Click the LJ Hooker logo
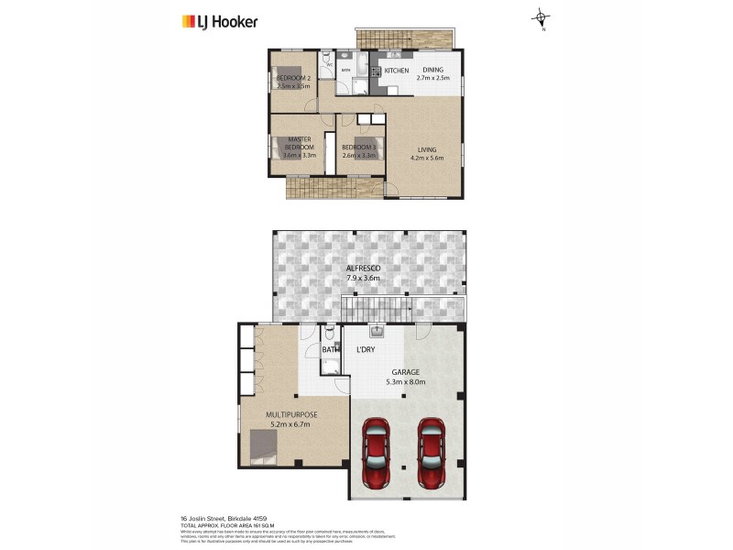pyautogui.click(x=220, y=21)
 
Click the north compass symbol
pyautogui.click(x=542, y=16)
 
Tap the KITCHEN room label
pyautogui.click(x=396, y=71)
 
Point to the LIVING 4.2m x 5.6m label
pyautogui.click(x=426, y=154)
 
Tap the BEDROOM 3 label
pyautogui.click(x=358, y=151)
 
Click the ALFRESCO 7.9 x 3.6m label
pyautogui.click(x=370, y=273)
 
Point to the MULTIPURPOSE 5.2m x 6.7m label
pyautogui.click(x=290, y=420)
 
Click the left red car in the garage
pyautogui.click(x=376, y=451)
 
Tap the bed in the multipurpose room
pyautogui.click(x=267, y=450)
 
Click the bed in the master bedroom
pyautogui.click(x=279, y=148)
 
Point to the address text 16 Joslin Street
pyautogui.click(x=218, y=517)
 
